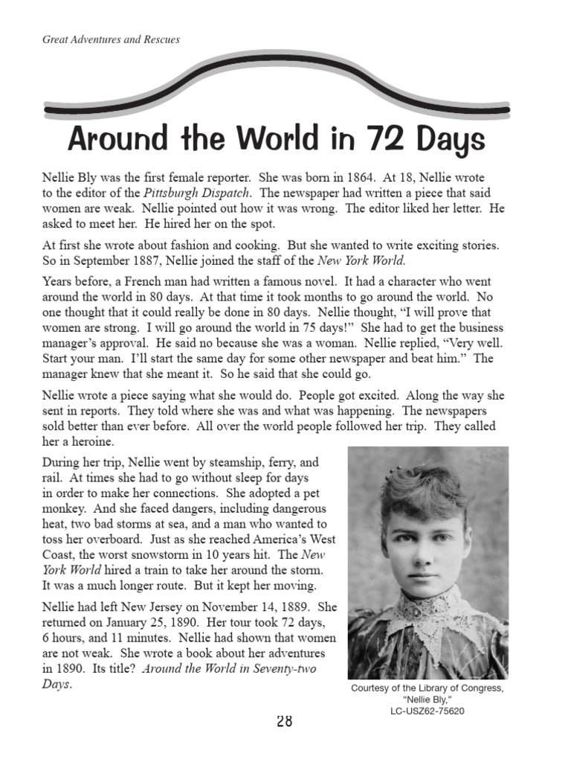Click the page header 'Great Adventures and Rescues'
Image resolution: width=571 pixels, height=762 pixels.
click(111, 39)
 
